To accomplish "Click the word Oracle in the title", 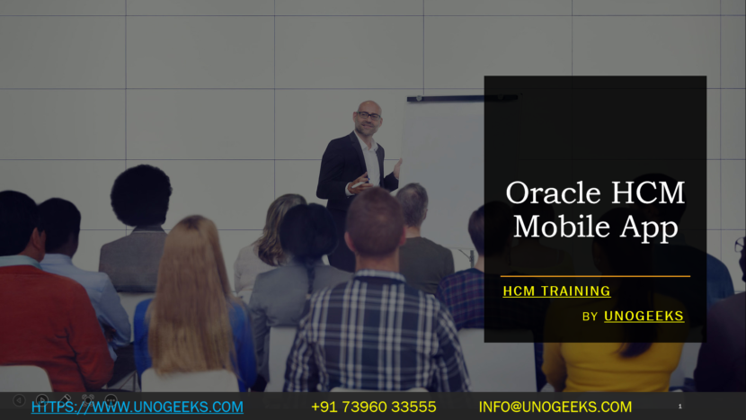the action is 554,192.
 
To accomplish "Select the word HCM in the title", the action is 648,192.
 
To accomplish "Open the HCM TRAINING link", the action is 556,291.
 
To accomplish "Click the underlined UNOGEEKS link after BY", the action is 644,317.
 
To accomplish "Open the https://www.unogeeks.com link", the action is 137,407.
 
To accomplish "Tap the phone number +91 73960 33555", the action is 374,407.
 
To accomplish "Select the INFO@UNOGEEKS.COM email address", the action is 555,407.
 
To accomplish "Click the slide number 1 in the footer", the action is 679,407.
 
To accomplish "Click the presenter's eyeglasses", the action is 369,115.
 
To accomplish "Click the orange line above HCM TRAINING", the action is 595,276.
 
